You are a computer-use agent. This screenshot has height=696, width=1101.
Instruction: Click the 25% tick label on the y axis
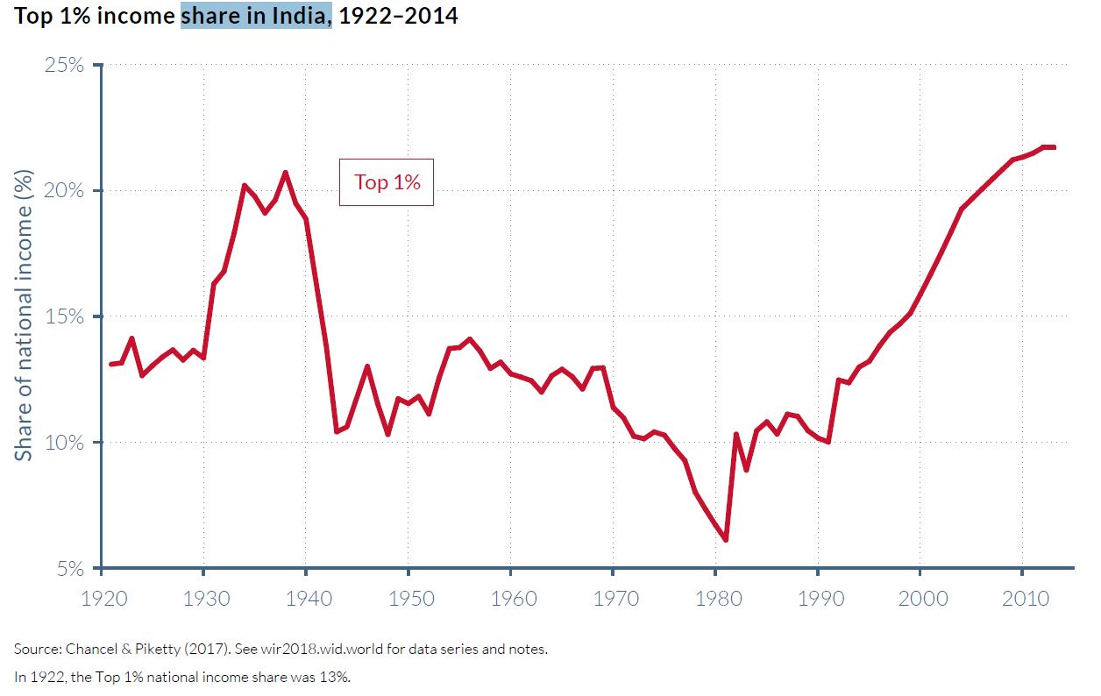click(x=65, y=66)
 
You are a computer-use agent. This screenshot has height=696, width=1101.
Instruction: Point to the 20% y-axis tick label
click(x=65, y=191)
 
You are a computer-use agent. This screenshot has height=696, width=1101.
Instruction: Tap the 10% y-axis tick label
click(x=65, y=443)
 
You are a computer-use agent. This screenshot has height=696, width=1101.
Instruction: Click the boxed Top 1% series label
click(x=387, y=182)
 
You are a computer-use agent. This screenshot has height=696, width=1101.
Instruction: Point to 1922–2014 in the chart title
click(x=398, y=16)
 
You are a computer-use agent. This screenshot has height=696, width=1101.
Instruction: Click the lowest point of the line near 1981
click(x=726, y=540)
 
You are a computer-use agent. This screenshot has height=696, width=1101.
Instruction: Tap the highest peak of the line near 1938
click(x=285, y=172)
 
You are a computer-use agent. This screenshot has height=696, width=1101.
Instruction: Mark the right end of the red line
click(x=1054, y=147)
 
